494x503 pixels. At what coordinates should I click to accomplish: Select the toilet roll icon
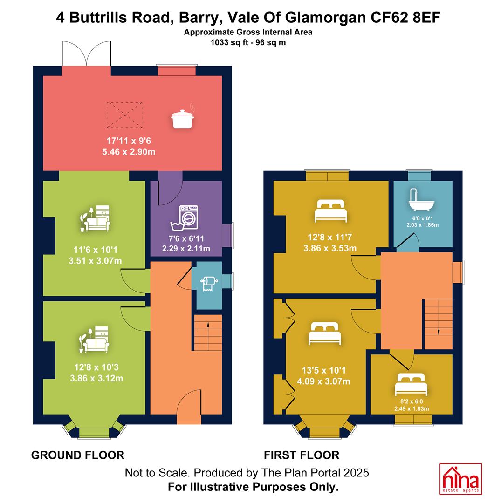point(209,283)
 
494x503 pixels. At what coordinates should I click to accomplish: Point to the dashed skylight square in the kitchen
point(124,115)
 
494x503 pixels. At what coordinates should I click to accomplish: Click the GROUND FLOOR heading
point(78,455)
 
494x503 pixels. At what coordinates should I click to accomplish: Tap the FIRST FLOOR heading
point(302,455)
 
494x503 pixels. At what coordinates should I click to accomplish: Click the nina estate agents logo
point(460,479)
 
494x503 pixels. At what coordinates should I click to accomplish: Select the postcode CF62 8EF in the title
point(405,17)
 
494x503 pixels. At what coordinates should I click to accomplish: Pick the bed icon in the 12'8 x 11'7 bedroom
point(330,211)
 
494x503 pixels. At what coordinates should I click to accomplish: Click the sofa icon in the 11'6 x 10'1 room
point(95,218)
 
